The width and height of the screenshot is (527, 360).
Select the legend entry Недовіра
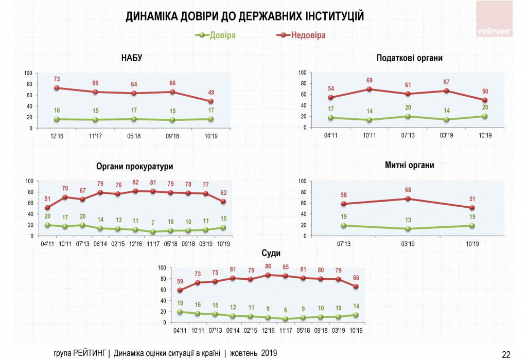click(308, 35)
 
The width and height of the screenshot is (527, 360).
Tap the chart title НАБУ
click(131, 58)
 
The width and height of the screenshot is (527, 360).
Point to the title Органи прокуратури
click(134, 167)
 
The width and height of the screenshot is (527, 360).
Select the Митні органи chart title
click(409, 165)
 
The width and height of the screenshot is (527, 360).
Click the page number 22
click(506, 353)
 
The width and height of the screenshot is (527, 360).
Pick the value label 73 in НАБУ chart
click(57, 79)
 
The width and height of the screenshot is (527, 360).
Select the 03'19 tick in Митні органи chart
click(408, 243)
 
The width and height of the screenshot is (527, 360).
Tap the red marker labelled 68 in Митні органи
click(408, 199)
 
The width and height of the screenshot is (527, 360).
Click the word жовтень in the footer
click(244, 353)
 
